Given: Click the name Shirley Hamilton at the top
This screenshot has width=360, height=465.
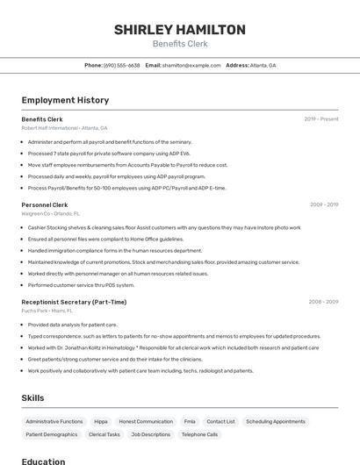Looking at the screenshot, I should coord(179,30).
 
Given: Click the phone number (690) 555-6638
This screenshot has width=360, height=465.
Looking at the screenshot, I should coord(121,65).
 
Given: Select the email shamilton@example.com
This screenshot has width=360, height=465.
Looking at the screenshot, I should coord(191,65).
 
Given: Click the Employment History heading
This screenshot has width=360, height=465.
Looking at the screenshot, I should coord(65,100).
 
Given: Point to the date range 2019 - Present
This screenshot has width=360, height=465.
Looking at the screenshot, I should coord(320,118).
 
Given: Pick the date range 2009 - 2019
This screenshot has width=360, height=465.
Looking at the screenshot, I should coord(323,204).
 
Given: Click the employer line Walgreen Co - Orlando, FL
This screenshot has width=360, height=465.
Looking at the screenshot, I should coord(50,213).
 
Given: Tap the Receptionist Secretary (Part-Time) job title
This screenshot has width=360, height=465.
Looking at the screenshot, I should coord(74,302).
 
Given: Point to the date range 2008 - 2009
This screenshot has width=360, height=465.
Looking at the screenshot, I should coord(322,302).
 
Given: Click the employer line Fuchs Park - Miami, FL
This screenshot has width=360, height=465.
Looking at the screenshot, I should coord(47,311).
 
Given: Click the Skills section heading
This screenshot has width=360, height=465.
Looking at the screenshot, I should coord(32,397).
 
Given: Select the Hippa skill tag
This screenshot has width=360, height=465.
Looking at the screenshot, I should coord(101,421).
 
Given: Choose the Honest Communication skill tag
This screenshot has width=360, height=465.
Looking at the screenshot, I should coord(146,421).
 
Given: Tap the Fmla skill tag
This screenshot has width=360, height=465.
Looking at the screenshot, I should coord(190,421).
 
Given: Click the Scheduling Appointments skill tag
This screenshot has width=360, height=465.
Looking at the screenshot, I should coord(276,421).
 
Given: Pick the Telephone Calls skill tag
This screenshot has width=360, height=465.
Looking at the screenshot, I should coord(199,434).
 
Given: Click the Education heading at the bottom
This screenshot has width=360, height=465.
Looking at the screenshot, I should coord(43,461).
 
